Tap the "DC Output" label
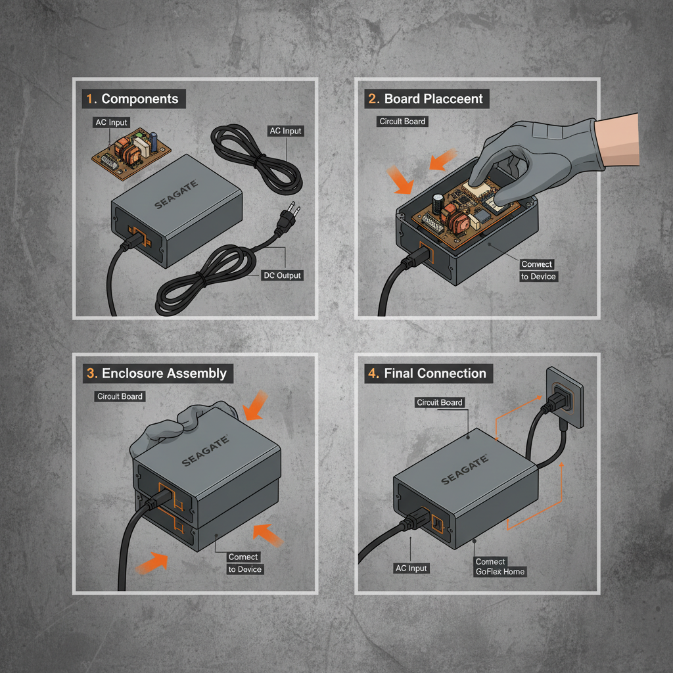point(282,275)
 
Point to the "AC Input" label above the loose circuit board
point(111,123)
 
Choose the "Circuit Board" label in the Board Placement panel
point(402,122)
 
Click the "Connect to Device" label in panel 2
point(538,270)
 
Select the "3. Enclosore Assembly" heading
point(157,373)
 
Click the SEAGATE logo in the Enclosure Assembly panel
point(205,451)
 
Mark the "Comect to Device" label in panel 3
point(244,563)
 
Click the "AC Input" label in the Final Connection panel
point(411,569)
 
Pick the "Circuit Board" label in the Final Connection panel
point(440,402)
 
